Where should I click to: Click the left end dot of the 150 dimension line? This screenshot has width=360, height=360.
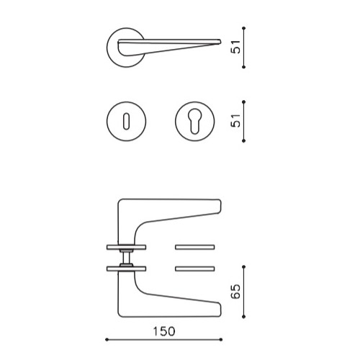click(x=107, y=340)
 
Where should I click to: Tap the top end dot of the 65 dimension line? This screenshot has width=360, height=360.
click(x=245, y=268)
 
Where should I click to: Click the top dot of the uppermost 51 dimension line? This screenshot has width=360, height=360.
click(x=245, y=29)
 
